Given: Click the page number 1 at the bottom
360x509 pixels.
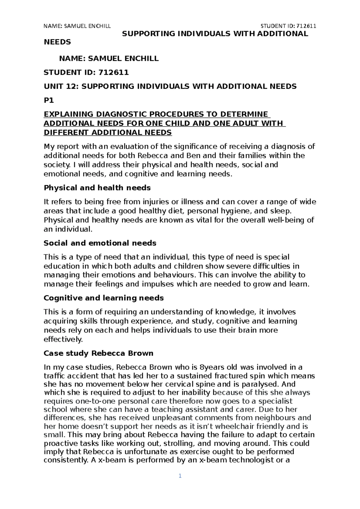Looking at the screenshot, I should pyautogui.click(x=180, y=476).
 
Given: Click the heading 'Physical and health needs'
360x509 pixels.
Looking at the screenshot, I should pyautogui.click(x=97, y=188).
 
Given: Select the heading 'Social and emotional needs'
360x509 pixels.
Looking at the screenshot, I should pyautogui.click(x=100, y=243).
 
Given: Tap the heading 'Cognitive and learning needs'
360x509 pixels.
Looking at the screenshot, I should pyautogui.click(x=104, y=298).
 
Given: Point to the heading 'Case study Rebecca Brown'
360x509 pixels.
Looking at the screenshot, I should pyautogui.click(x=98, y=353).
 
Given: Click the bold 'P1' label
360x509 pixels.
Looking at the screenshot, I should pyautogui.click(x=49, y=101).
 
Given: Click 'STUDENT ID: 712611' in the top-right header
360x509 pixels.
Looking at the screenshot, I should pyautogui.click(x=289, y=26).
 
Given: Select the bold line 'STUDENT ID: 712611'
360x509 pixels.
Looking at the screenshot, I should pyautogui.click(x=86, y=72).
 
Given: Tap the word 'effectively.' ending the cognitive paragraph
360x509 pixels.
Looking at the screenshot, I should pyautogui.click(x=63, y=340).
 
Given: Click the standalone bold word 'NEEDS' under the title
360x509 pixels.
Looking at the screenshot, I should pyautogui.click(x=58, y=42).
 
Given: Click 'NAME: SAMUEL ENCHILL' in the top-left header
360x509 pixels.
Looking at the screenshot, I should pyautogui.click(x=77, y=26).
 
